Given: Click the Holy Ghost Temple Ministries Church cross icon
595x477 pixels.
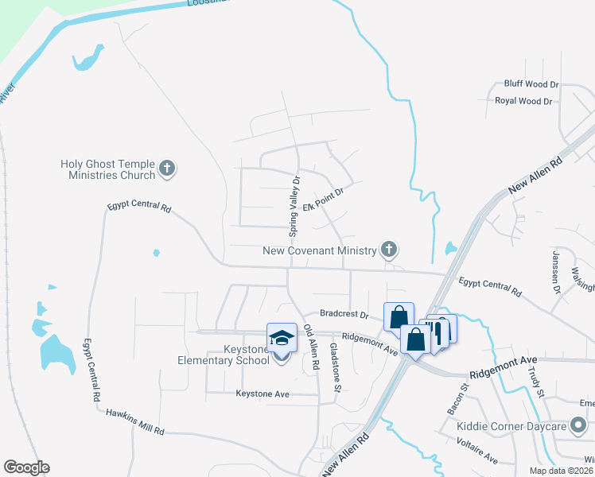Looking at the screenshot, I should point(166,168).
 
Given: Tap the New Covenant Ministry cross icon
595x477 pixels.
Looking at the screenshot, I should point(388,250).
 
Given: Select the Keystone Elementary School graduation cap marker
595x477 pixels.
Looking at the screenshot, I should point(282,339).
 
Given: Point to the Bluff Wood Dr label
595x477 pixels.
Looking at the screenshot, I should point(531,83).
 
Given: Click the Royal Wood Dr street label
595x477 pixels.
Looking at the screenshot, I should point(523,101).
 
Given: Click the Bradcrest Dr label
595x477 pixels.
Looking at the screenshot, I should point(344,314).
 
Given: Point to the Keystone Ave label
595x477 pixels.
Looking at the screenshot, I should point(262,394).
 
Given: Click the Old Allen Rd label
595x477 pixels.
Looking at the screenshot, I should point(311,349).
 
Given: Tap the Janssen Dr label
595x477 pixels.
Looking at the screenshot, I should point(555,272).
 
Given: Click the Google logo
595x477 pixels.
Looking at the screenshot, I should point(26,467).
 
